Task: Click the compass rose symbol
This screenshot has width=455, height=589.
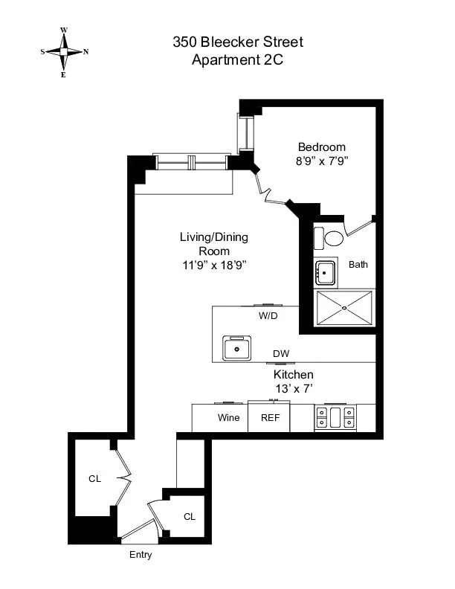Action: pos(64,52)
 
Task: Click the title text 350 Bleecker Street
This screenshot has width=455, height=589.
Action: pos(237,42)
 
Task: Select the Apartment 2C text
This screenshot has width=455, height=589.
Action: pos(237,60)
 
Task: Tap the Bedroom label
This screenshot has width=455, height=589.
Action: pos(321,147)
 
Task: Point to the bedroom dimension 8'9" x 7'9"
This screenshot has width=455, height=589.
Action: pos(321,159)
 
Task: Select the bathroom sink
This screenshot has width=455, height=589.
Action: pos(325,274)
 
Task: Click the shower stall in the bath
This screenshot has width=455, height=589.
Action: pos(344,308)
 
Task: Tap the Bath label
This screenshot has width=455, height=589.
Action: pos(358,264)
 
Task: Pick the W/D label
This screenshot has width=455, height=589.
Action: pos(268,315)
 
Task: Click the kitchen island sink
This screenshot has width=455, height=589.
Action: pos(238,347)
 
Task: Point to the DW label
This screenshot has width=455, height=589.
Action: pos(281,354)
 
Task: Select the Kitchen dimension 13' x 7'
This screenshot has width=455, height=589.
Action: pos(293,388)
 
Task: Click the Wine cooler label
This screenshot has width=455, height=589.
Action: pos(228,417)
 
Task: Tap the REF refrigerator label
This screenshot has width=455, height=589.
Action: pos(269,417)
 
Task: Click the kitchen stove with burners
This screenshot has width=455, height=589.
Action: pos(335,417)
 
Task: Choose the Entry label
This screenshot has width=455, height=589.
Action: pos(140,555)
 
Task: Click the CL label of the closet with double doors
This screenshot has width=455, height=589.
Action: pos(94,479)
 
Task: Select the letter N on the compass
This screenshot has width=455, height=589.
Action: pos(86,52)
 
